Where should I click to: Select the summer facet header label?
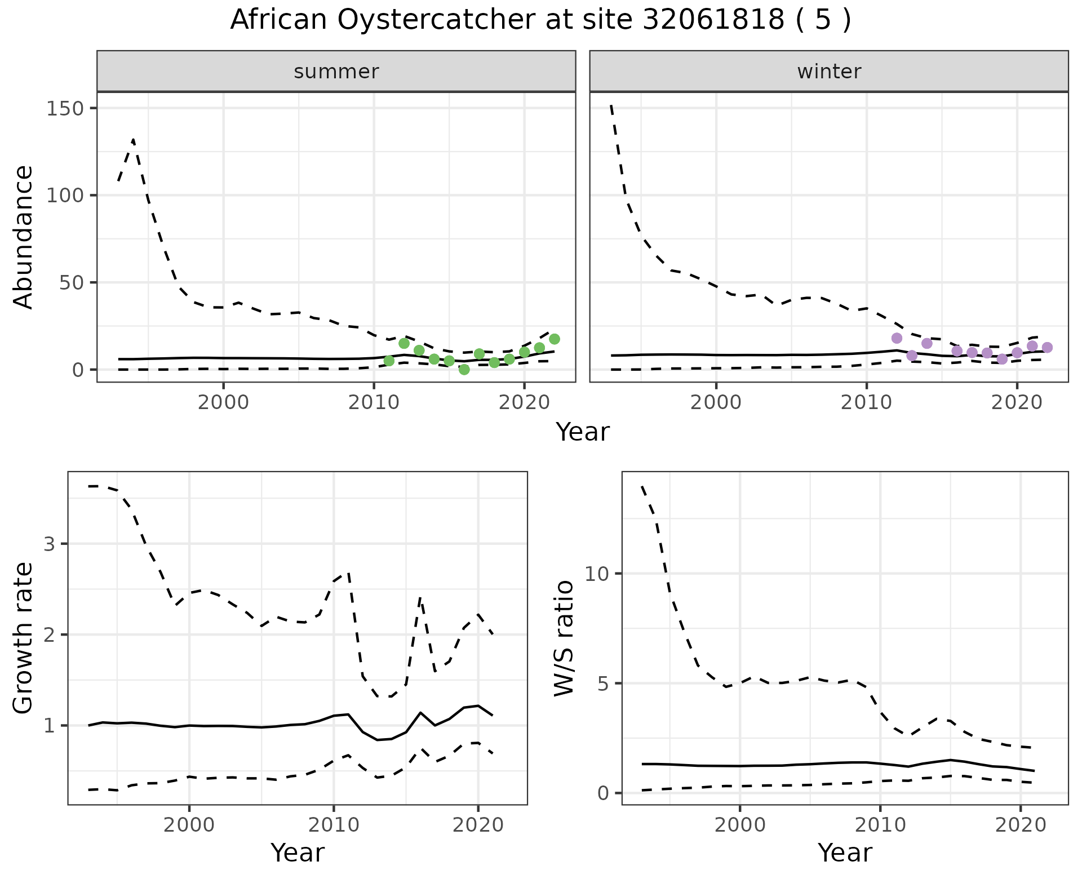336,72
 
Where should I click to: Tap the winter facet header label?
829,72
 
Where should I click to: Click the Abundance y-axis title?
24,237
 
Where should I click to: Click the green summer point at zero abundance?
464,370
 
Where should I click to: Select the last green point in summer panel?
555,339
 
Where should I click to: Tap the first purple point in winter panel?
897,338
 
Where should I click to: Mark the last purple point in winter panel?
1047,347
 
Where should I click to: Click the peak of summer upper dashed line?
133,139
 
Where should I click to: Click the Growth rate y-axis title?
24,638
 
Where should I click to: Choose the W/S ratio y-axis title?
564,638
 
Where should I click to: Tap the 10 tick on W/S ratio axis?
597,574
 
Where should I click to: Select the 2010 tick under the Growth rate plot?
334,825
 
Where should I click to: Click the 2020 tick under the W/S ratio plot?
1021,825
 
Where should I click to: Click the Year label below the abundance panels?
583,432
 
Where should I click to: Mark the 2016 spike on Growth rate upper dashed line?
420,597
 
